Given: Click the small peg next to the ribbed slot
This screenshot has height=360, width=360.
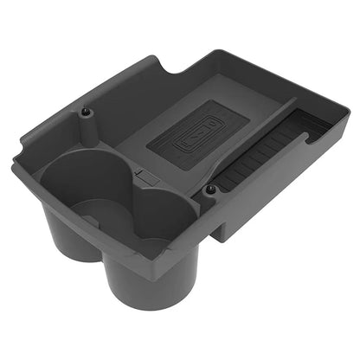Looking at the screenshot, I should click(x=210, y=189).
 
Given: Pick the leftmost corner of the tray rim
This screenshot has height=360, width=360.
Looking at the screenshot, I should click(x=12, y=160).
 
